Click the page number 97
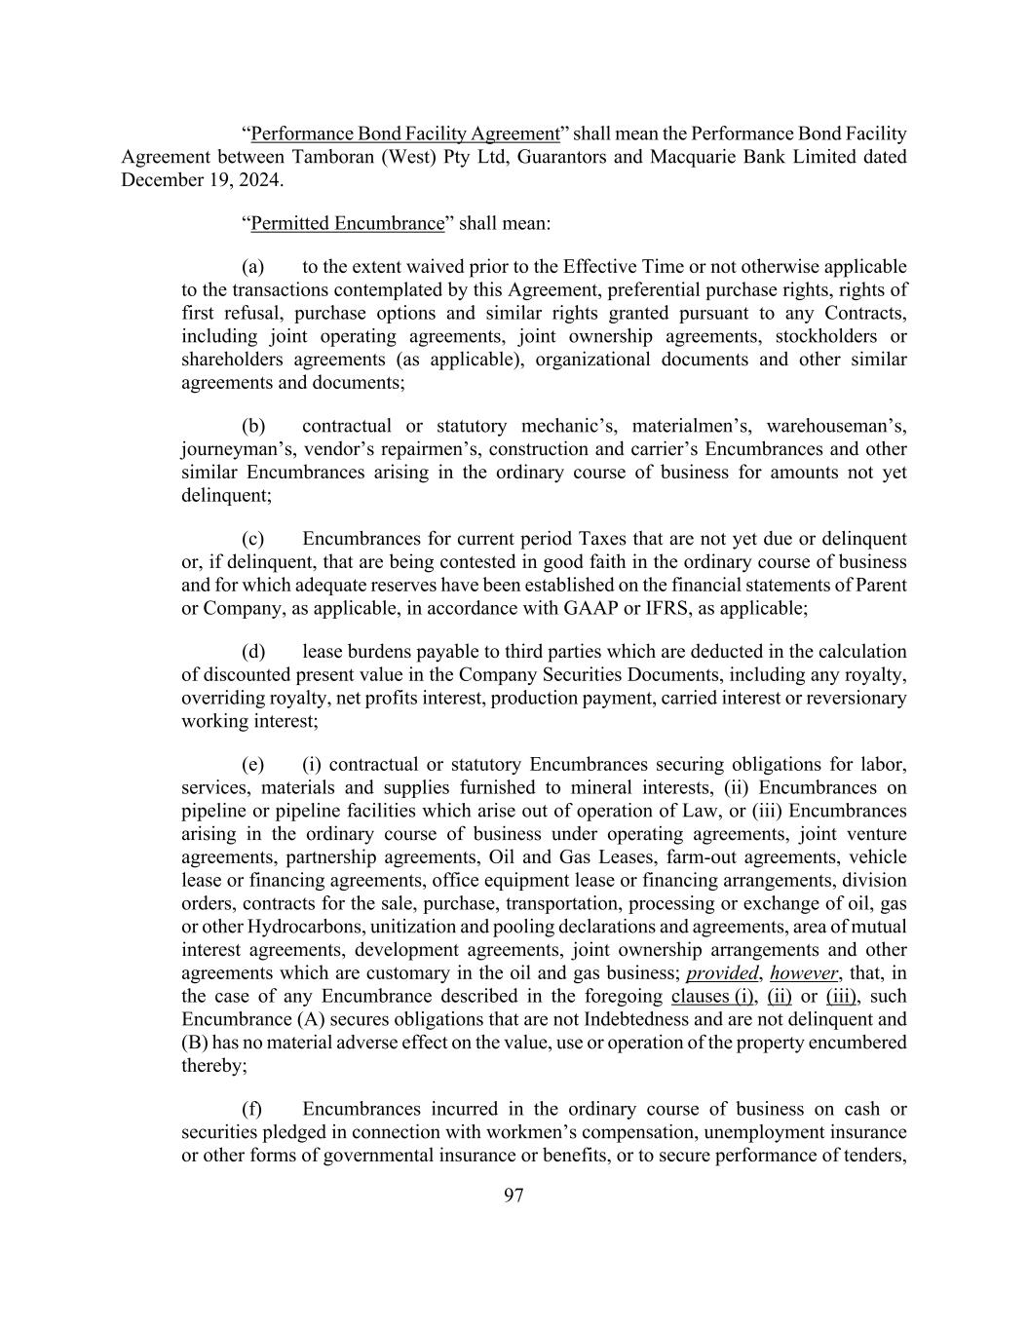[514, 1196]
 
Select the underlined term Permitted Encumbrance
[347, 223]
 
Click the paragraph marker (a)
[252, 267]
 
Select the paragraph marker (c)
[252, 539]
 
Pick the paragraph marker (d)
[252, 651]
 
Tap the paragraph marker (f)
[251, 1109]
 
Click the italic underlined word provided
[722, 973]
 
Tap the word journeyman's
[229, 449]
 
